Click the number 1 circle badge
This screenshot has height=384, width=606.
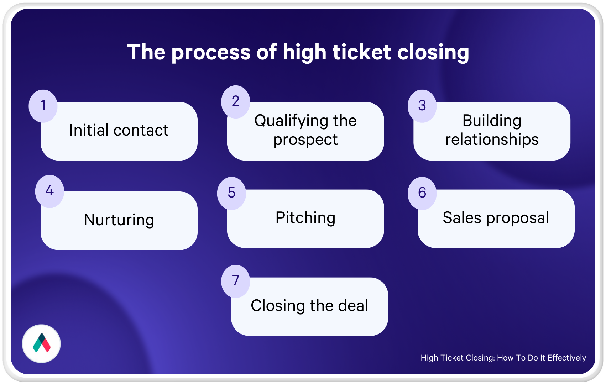[x=43, y=106]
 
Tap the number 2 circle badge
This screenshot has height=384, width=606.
[x=236, y=102]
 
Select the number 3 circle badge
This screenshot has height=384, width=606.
[x=422, y=106]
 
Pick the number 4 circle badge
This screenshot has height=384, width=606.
[x=49, y=191]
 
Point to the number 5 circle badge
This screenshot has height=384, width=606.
[x=231, y=193]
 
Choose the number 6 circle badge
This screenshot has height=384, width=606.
[x=422, y=193]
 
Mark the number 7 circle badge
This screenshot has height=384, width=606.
[x=236, y=281]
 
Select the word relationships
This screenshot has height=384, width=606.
[x=492, y=140]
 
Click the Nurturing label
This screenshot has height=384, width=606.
[x=119, y=220]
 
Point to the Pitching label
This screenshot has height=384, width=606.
[x=305, y=218]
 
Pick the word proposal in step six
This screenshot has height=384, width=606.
[x=518, y=218]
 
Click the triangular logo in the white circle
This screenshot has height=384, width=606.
[x=41, y=343]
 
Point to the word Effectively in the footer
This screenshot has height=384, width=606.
[x=566, y=358]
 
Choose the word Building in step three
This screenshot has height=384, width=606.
[x=492, y=121]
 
